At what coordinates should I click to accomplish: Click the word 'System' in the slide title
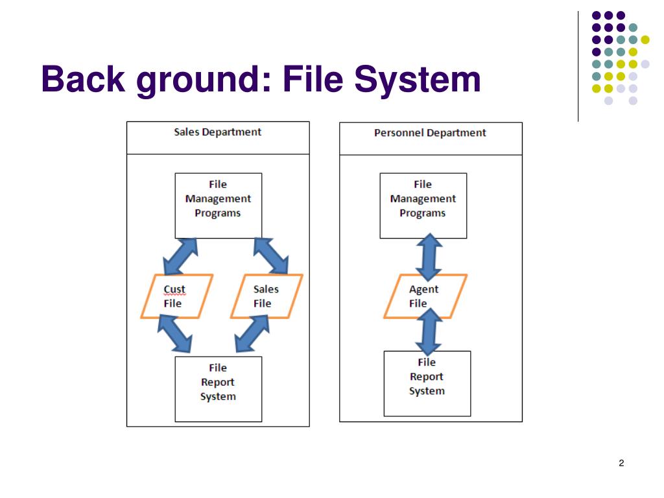[418, 80]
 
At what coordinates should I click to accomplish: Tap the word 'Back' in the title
[83, 78]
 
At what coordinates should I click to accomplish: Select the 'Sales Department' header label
[218, 132]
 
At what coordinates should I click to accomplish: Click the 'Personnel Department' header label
[431, 133]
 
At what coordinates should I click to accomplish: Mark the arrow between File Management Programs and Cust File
[181, 257]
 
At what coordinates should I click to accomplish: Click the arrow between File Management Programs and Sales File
[271, 256]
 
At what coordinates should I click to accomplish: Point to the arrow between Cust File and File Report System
[175, 334]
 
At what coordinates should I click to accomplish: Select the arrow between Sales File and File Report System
[252, 334]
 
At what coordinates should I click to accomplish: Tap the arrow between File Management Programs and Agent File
[429, 257]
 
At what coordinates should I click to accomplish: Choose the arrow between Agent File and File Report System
[429, 331]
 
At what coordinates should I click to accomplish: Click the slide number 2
[621, 463]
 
